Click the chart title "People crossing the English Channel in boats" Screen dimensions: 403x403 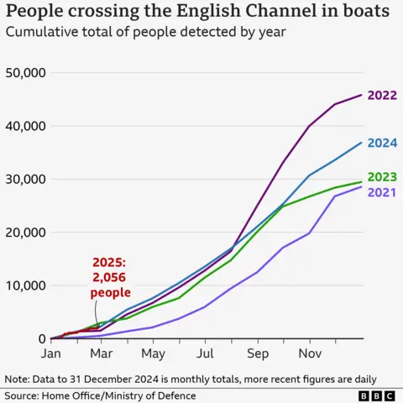point(198,13)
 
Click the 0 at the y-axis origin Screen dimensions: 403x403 point(41,339)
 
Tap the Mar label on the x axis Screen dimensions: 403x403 point(102,353)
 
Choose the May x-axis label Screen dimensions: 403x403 point(153,353)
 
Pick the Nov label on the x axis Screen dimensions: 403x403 point(309,353)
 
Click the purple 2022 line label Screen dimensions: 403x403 point(382,95)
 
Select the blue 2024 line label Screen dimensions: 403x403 point(382,143)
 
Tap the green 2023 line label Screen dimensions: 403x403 point(382,177)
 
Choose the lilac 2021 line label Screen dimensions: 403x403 point(382,192)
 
